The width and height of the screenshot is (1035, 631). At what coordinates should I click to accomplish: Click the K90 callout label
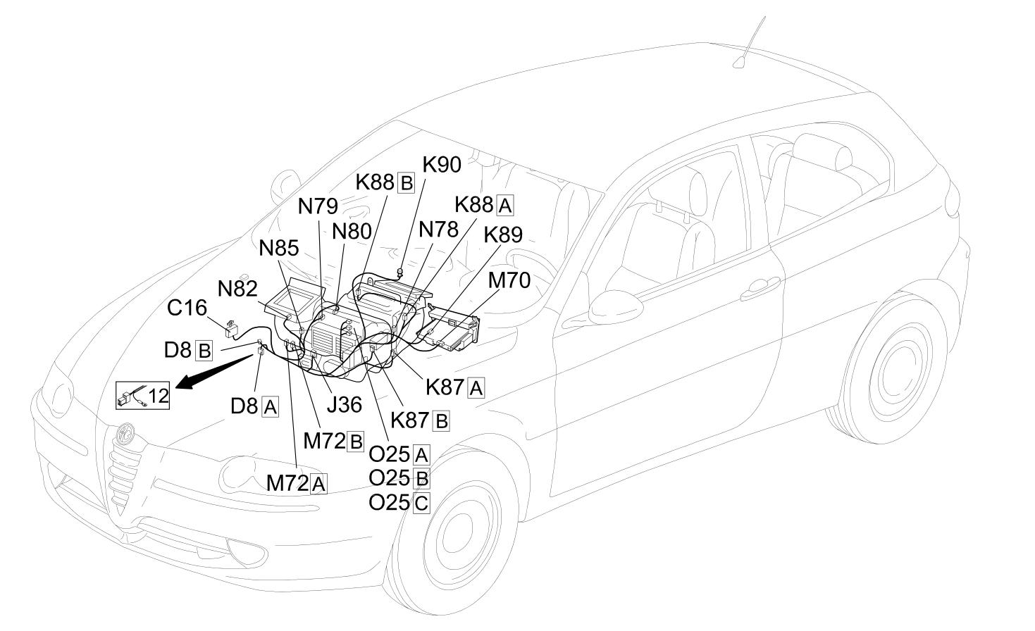tap(442, 165)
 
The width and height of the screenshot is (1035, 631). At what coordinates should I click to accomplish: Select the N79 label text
tap(318, 206)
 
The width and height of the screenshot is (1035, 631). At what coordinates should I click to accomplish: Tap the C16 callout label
tap(187, 308)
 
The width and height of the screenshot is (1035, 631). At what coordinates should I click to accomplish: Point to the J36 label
tap(345, 405)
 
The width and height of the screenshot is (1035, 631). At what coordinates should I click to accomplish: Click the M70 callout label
tap(509, 280)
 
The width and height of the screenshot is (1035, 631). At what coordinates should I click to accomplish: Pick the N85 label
tap(278, 249)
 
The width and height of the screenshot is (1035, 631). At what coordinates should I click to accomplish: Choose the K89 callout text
tap(503, 235)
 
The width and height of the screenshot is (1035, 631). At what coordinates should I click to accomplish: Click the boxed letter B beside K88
tap(406, 183)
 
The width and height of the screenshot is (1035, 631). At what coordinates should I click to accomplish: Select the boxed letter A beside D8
tap(271, 407)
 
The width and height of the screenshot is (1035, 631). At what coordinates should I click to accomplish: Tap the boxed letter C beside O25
tap(421, 503)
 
